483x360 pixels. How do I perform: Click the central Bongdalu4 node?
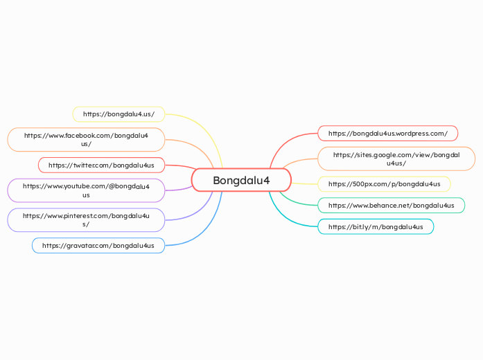pos(241,181)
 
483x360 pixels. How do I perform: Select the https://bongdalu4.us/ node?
pos(118,114)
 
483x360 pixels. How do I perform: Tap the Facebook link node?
pos(86,139)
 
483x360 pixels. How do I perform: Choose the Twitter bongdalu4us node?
pos(101,165)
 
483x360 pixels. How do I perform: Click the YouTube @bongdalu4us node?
pos(86,190)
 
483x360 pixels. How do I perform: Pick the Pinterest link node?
pos(86,220)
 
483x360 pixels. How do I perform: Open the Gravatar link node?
pos(98,245)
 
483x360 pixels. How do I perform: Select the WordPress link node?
pos(388,133)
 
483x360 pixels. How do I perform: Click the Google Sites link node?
pos(396,159)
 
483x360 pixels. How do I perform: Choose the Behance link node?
pos(392,205)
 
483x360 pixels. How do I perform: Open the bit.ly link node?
pos(376,226)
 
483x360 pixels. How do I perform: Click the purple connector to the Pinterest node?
pos(201,211)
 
